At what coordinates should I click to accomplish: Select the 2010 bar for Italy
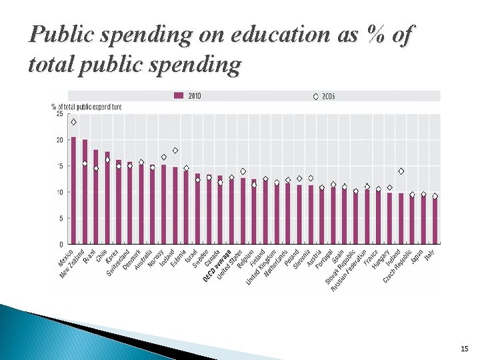pos(435,221)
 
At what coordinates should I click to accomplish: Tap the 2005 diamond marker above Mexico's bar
pos(73,122)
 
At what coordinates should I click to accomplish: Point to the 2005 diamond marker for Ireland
pos(401,171)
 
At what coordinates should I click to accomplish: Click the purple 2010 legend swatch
pos(179,96)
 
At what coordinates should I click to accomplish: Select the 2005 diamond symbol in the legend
pos(315,96)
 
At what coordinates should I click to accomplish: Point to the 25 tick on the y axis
pos(59,114)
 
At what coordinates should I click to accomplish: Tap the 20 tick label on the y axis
pos(59,140)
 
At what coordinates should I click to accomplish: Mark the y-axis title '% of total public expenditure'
pos(87,106)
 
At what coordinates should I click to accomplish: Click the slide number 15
pos(464,349)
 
